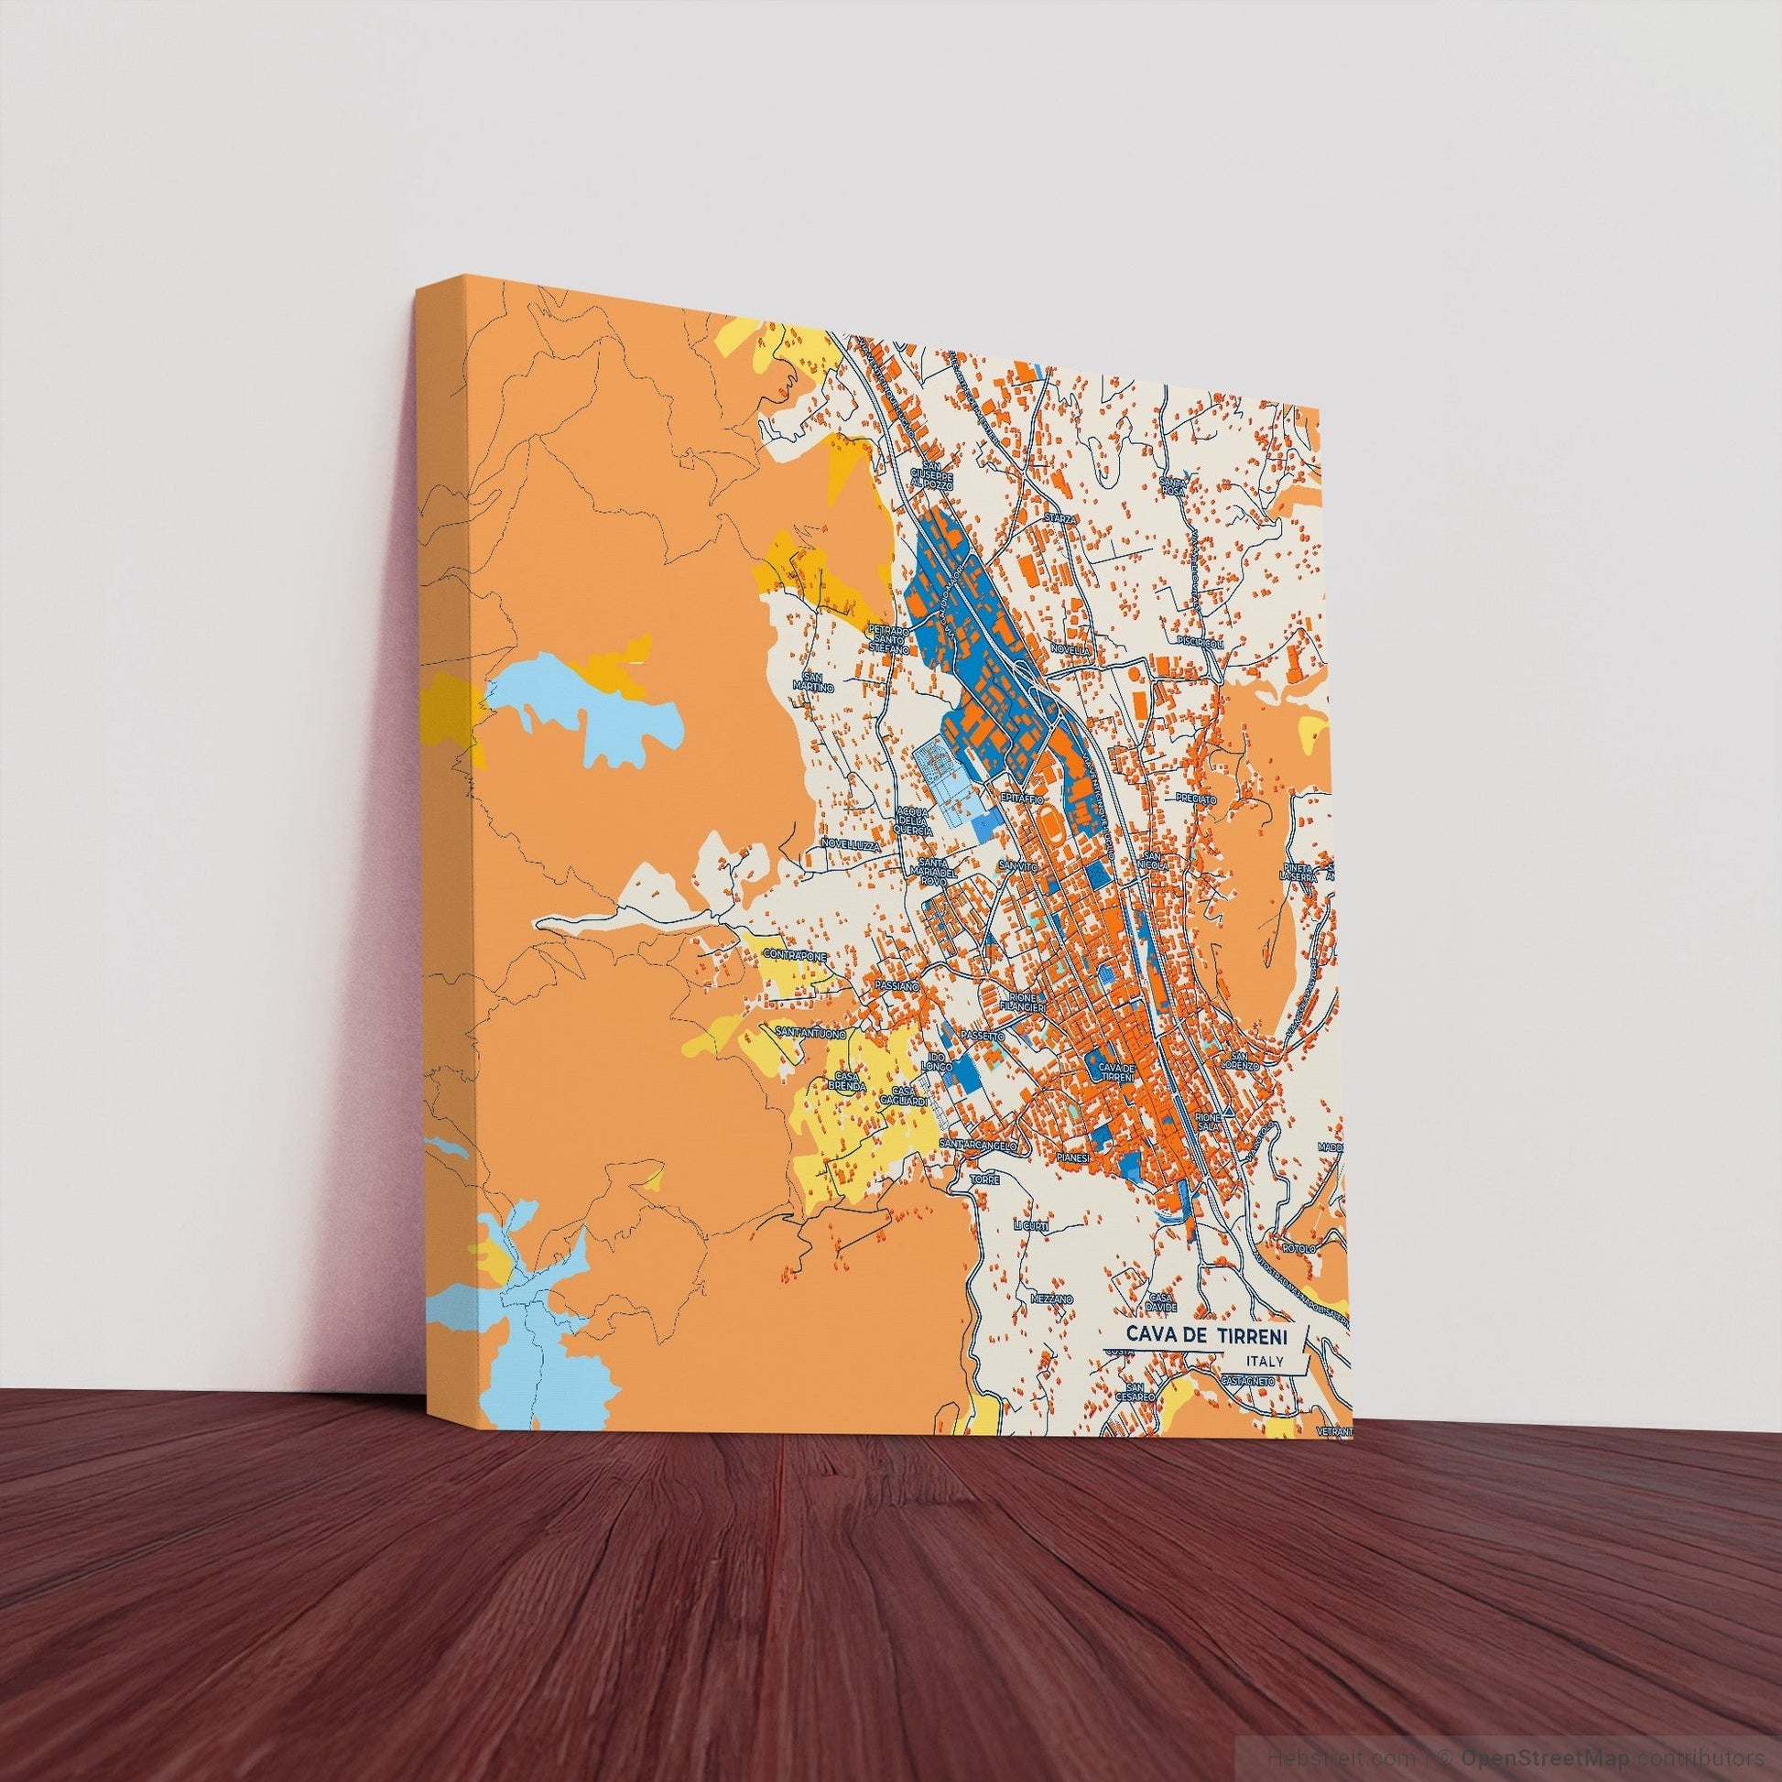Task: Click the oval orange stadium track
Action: [1050, 820]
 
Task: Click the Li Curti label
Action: [1030, 1226]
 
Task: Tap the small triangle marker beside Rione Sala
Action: [1228, 1114]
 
